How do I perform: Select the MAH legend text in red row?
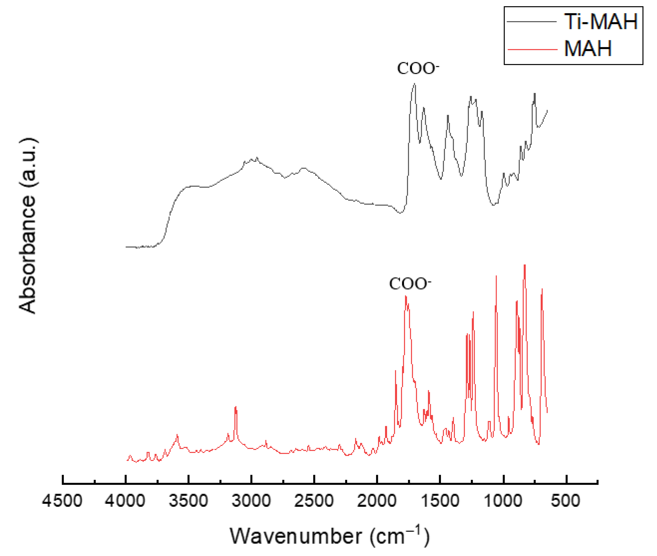(588, 49)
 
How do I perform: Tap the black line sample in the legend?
(532, 21)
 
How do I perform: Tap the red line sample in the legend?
(532, 49)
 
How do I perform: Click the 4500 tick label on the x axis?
(62, 501)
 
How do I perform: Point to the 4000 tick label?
(125, 501)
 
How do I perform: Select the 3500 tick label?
(188, 501)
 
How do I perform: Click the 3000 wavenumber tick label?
(251, 501)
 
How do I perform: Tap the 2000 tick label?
(377, 501)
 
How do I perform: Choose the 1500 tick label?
(440, 501)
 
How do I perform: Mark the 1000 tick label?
(503, 501)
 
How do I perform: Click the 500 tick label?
(566, 501)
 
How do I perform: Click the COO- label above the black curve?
(418, 68)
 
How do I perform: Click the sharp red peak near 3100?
(235, 407)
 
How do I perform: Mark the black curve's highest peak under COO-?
(415, 84)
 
